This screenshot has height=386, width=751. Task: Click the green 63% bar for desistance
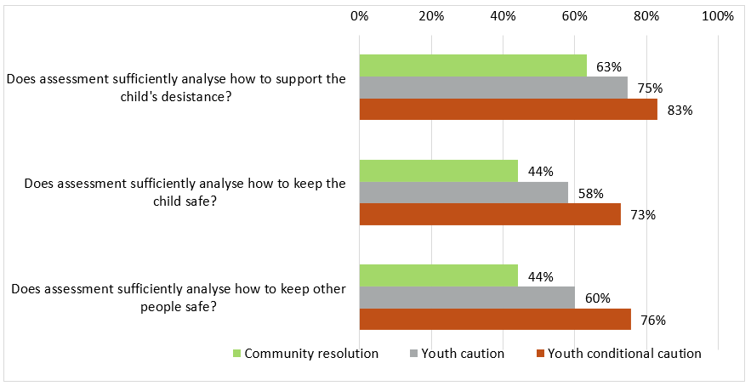[x=473, y=65]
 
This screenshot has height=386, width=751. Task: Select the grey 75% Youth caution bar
[x=493, y=88]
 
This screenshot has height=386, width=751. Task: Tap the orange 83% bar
[x=508, y=110]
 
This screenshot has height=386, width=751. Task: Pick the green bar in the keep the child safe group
[x=438, y=171]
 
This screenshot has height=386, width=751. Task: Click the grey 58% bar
[x=464, y=193]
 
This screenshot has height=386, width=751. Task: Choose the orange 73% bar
[x=491, y=214]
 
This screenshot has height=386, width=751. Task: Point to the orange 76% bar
[x=496, y=320]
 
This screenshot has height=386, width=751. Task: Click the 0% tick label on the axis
[x=359, y=16]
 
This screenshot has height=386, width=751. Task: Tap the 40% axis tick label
[x=504, y=16]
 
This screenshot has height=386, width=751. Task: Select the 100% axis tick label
[x=719, y=16]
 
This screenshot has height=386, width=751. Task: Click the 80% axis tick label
[x=647, y=16]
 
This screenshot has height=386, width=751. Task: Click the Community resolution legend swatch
[x=236, y=354]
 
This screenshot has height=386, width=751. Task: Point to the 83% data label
[x=680, y=110]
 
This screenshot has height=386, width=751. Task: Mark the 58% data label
[x=590, y=194]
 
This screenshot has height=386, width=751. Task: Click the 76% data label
[x=652, y=321]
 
